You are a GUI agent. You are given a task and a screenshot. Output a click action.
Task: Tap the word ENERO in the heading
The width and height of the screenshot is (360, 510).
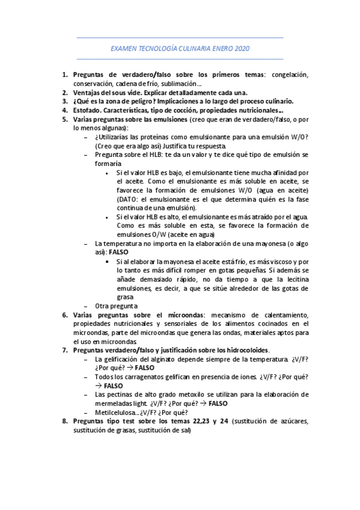[x=218, y=48]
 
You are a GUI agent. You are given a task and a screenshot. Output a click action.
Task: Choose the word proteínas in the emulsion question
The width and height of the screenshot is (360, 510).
[x=155, y=137]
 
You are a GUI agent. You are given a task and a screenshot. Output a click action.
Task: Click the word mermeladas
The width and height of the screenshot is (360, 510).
[x=116, y=402]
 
